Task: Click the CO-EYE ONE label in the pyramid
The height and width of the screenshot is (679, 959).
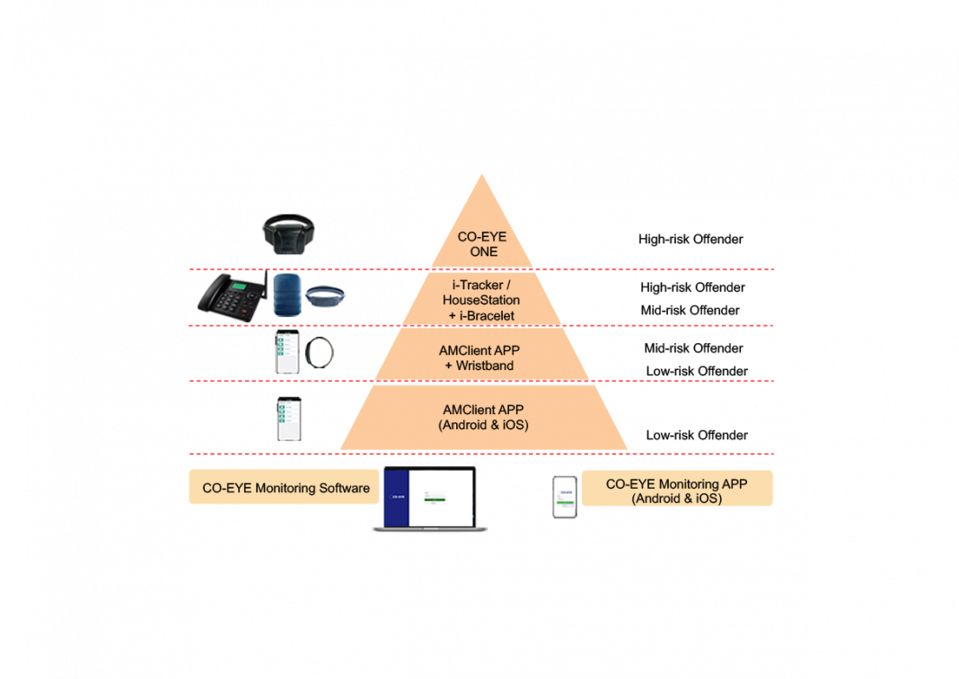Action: (483, 244)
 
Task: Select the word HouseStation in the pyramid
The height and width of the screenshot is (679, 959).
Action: (482, 299)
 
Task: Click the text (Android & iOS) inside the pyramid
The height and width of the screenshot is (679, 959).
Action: (483, 425)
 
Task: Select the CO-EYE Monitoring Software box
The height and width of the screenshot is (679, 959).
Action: (285, 488)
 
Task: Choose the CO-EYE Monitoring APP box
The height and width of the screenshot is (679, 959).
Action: (677, 489)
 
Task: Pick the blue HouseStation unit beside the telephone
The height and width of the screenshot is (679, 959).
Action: (286, 295)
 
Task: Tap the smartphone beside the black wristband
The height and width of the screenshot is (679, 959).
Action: (286, 351)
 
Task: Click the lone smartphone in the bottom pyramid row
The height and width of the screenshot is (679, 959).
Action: (288, 419)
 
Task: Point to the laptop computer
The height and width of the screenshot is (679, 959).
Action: (430, 499)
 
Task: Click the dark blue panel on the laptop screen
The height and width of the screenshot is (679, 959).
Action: (396, 498)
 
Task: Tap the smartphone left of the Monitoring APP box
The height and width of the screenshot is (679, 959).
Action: (564, 498)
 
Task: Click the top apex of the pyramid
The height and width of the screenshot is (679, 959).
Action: (483, 176)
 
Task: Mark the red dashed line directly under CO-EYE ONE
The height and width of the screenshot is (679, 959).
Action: (629, 269)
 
